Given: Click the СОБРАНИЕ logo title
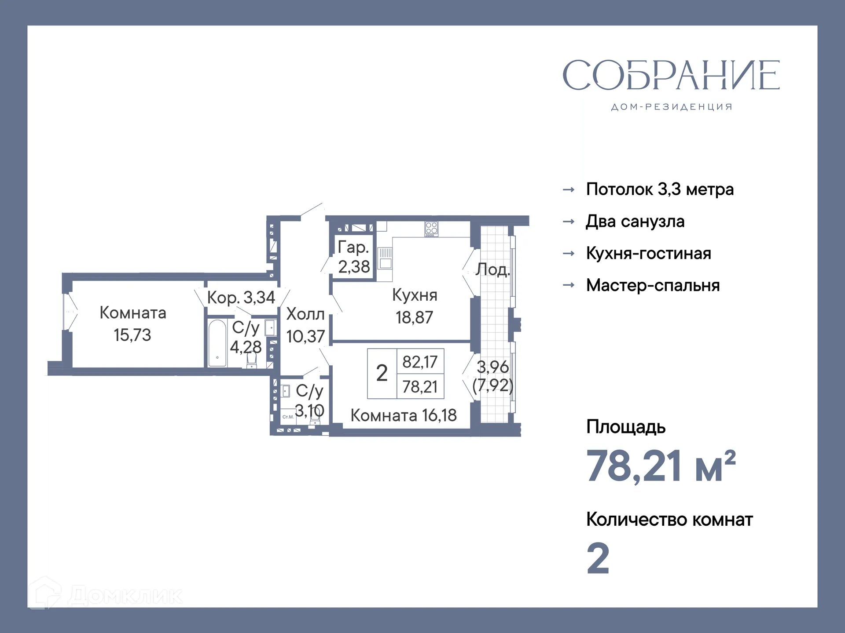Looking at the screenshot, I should point(671,76).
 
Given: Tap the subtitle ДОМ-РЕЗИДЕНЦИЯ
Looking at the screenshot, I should point(672,107).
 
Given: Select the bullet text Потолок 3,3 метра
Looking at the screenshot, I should point(659,189).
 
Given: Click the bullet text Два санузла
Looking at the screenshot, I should point(635,222).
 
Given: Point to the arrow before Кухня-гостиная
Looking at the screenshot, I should point(569,254).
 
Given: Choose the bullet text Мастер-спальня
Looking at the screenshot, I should point(653,286).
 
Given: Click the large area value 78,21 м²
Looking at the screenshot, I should point(660,466).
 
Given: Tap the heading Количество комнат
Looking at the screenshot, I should point(669,520).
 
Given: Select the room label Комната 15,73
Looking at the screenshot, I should point(132,324).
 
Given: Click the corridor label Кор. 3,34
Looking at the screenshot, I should point(241,298).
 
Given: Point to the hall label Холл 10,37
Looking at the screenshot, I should point(305,325).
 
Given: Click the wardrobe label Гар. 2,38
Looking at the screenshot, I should point(353,257).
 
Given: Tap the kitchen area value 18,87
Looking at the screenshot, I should point(414,317).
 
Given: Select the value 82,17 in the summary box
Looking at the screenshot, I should point(420,362).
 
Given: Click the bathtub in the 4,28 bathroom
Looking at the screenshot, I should point(217,343).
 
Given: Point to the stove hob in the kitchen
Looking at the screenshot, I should point(431,228).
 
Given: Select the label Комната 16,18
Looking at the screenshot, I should point(403,415).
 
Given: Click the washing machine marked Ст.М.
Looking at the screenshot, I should point(288,417).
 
